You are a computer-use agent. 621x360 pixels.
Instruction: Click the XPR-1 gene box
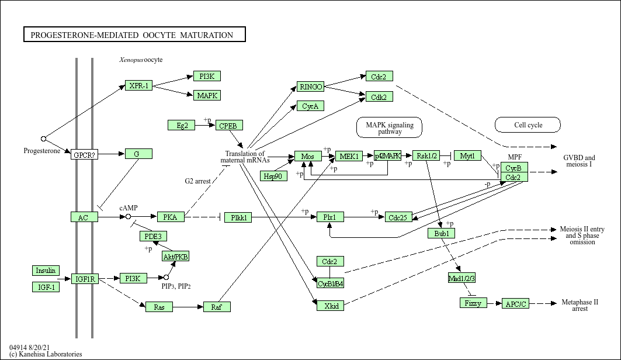tap(138, 86)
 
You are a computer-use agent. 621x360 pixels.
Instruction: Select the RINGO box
tap(310, 86)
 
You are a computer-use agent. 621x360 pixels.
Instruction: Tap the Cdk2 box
tap(379, 97)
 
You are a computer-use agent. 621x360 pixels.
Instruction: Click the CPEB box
tap(228, 125)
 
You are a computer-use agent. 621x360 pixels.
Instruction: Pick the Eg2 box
tap(181, 125)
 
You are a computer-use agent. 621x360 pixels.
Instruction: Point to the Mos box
tap(308, 156)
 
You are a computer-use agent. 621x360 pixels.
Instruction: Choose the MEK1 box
tap(349, 156)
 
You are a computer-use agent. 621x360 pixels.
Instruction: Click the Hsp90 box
tap(273, 176)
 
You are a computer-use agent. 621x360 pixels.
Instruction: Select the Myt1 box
tap(467, 155)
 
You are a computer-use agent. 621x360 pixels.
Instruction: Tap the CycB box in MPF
tap(514, 168)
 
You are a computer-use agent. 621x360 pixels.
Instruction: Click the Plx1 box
tap(330, 217)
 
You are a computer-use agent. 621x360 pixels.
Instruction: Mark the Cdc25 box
tap(399, 217)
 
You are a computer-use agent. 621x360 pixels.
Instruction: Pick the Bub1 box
tap(440, 233)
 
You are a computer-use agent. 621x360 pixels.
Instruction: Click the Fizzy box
tap(473, 303)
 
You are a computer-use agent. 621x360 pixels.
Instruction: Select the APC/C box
tap(515, 303)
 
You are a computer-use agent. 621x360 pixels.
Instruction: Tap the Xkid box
tap(330, 305)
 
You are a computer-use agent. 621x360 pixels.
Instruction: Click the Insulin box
tap(46, 271)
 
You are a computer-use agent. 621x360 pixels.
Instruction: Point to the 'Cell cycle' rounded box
tap(528, 124)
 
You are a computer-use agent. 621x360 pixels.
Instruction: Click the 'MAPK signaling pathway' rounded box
tap(389, 128)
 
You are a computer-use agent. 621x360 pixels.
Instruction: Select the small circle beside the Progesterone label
tap(43, 139)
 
